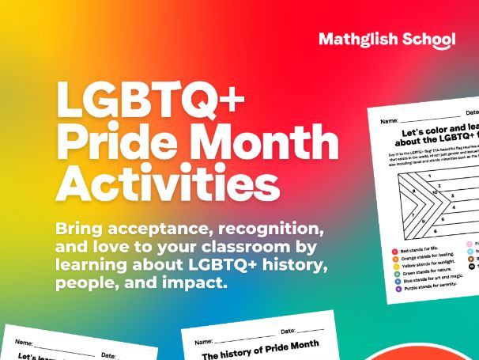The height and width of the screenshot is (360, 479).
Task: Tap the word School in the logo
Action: tap(428, 40)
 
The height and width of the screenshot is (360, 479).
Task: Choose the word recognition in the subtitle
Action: tap(268, 229)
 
